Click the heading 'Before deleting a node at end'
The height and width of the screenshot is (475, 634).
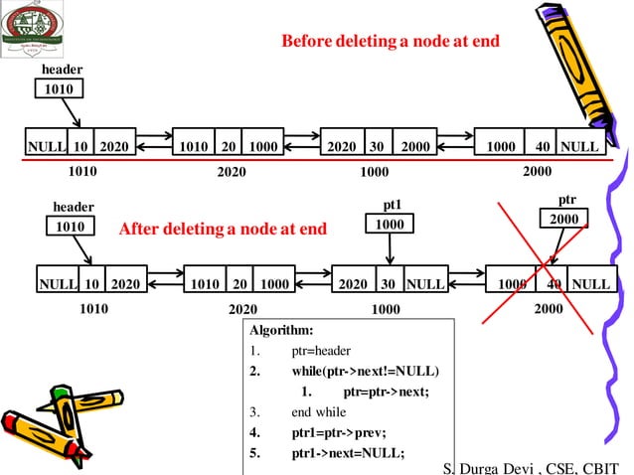[x=390, y=42]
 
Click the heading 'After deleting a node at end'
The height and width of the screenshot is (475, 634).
[x=223, y=230]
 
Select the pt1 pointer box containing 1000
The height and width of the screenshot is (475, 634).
[x=391, y=225]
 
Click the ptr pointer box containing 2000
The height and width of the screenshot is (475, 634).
[x=563, y=218]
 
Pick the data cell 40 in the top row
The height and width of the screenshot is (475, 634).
[x=542, y=146]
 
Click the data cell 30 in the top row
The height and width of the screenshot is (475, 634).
[x=377, y=146]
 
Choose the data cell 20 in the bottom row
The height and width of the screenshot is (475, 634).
[x=239, y=283]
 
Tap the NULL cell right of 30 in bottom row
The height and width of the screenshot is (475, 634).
[x=424, y=283]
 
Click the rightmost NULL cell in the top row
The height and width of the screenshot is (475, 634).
[x=579, y=146]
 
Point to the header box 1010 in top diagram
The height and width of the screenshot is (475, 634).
[x=59, y=89]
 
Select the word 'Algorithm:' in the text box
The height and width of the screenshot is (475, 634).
[x=281, y=330]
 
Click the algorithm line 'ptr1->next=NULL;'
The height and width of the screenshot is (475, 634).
[x=348, y=453]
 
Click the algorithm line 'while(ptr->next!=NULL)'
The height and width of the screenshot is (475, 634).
[x=365, y=371]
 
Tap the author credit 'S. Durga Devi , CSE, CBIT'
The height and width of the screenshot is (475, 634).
[x=532, y=467]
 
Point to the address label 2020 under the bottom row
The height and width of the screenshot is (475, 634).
[x=243, y=310]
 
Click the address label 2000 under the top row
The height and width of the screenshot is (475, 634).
[x=537, y=171]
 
